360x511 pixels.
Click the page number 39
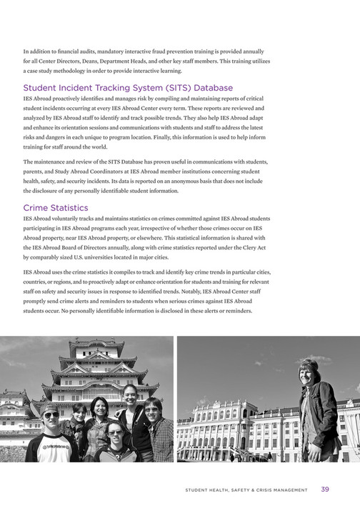point(325,490)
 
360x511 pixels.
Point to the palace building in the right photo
point(236,428)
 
